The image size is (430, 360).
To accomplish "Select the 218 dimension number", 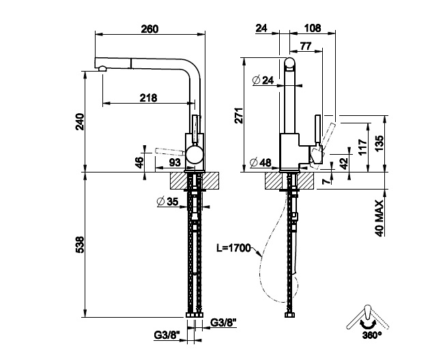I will (148, 97).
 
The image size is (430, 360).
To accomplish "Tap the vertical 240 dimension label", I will (79, 123).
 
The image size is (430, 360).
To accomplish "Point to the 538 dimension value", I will (79, 245).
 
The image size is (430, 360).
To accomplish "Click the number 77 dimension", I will (306, 46).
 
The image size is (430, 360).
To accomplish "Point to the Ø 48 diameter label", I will (261, 162).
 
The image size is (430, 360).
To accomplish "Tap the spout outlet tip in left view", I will (102, 69).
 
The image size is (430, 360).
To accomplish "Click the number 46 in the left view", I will (139, 162).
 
